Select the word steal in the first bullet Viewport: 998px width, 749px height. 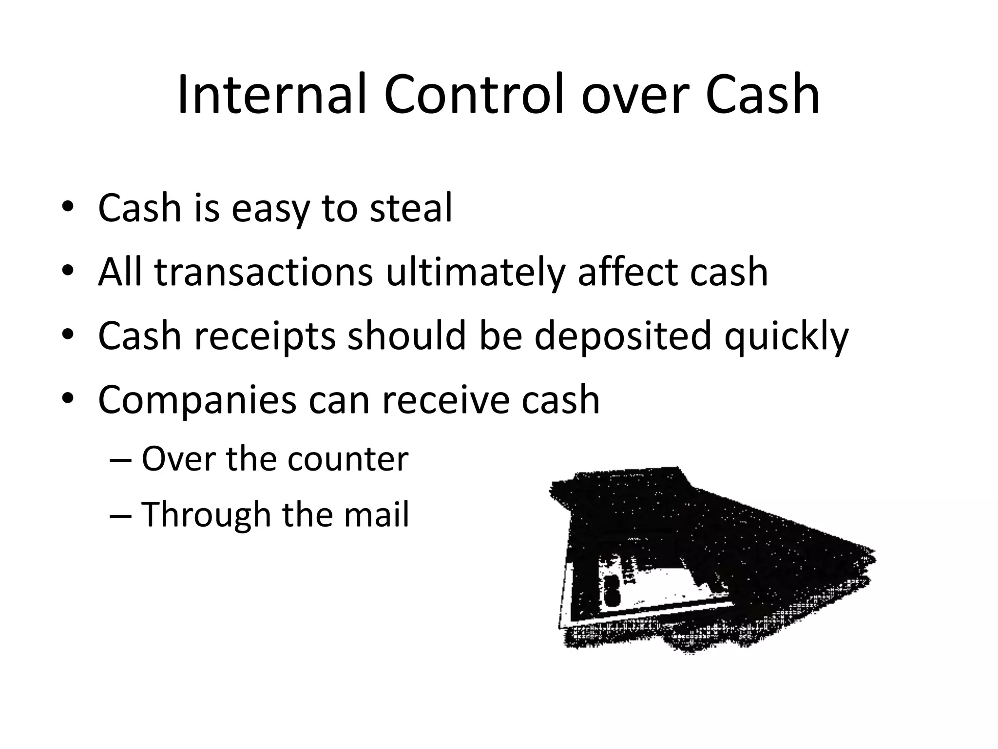(x=411, y=208)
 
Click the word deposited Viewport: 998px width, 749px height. (x=622, y=336)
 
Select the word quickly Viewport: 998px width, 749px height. (x=786, y=336)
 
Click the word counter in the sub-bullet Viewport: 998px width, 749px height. (x=347, y=459)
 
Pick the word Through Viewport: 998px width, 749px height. (x=206, y=515)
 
